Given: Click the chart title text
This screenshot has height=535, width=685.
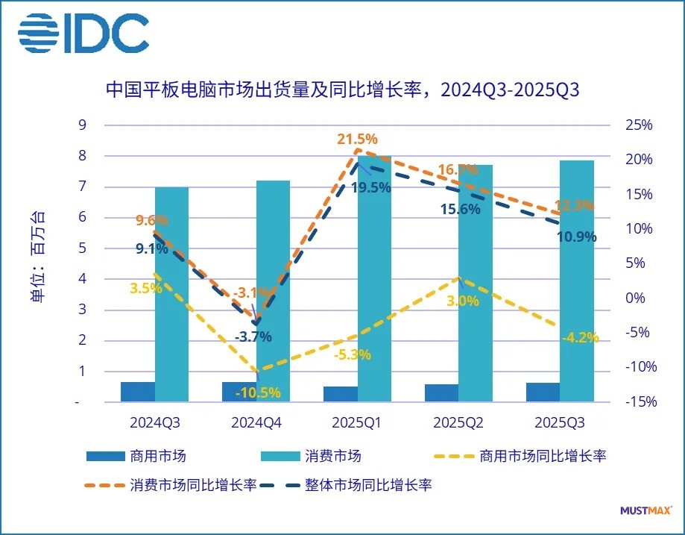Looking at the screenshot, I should [342, 90].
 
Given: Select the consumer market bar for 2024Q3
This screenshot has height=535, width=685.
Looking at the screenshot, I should [171, 295].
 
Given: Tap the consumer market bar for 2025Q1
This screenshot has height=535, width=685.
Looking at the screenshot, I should [374, 280].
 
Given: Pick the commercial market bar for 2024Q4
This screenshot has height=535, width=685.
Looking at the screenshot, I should [239, 392].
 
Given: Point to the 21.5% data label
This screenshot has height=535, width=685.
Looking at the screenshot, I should [356, 139].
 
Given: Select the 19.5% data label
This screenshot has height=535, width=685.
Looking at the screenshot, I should [370, 188].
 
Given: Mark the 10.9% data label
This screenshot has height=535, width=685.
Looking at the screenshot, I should [577, 237].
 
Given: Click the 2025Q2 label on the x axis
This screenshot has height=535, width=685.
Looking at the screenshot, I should [458, 423].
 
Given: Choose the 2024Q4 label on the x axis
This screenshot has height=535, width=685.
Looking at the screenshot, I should [256, 423].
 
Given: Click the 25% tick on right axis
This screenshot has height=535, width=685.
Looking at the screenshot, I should [638, 125].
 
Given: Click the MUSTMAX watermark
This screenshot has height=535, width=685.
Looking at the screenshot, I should [645, 511].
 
